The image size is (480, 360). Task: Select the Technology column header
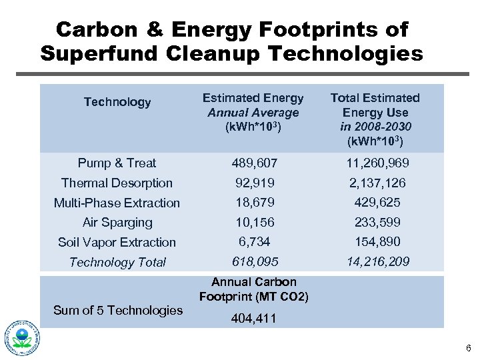coord(117,102)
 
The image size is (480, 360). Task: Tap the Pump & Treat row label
coord(117,163)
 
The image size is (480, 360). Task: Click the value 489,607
coord(254,163)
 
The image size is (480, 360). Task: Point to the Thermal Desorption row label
coord(117,183)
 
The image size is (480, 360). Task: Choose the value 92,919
coord(254,183)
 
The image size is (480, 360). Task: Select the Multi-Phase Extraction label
coord(117,203)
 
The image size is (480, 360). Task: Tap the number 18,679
coord(254,202)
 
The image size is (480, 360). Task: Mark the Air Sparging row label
coord(117,222)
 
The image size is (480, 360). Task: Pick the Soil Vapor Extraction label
coord(117,242)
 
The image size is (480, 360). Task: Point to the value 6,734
coord(254,242)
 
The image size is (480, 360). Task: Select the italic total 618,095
coord(254,262)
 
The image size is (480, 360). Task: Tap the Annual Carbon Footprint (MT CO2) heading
coord(254,289)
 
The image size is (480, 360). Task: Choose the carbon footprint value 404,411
coord(254,319)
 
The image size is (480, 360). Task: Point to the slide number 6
coord(469,348)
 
